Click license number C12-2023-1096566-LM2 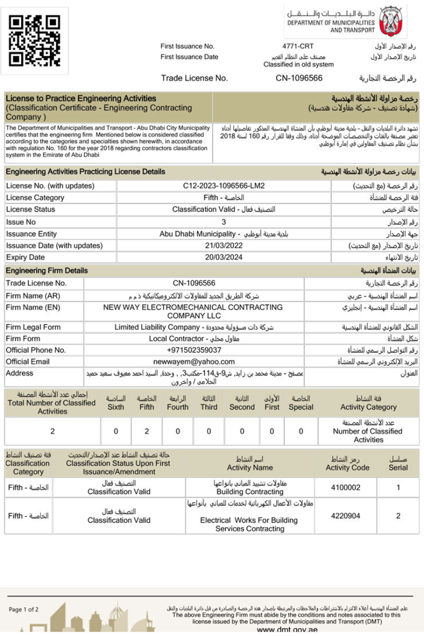coord(223,186)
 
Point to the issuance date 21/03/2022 coord(223,246)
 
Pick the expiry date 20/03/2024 coord(223,258)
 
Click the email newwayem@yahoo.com coord(193,361)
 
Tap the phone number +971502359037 coord(193,350)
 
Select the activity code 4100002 coord(346,487)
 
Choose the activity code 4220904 coord(346,516)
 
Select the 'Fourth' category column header coord(178,407)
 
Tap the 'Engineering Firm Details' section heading coord(47,271)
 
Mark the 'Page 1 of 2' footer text coord(24,609)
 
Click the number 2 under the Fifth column coord(147,431)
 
